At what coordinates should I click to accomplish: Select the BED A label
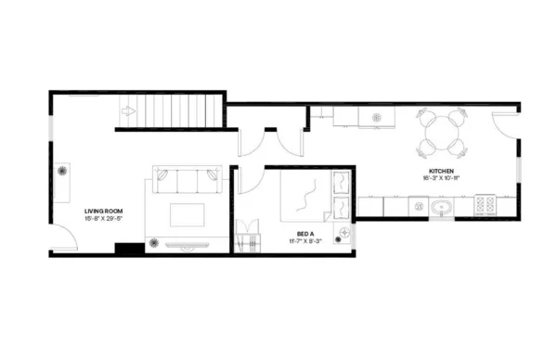[304, 233]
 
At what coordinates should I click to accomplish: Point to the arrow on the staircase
[127, 112]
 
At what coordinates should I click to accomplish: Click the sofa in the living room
[188, 180]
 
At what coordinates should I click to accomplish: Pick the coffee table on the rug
[188, 215]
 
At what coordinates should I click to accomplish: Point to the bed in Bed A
[310, 196]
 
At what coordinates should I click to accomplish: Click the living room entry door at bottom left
[63, 241]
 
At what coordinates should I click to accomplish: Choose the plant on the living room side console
[64, 172]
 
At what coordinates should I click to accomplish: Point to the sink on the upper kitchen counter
[377, 117]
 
